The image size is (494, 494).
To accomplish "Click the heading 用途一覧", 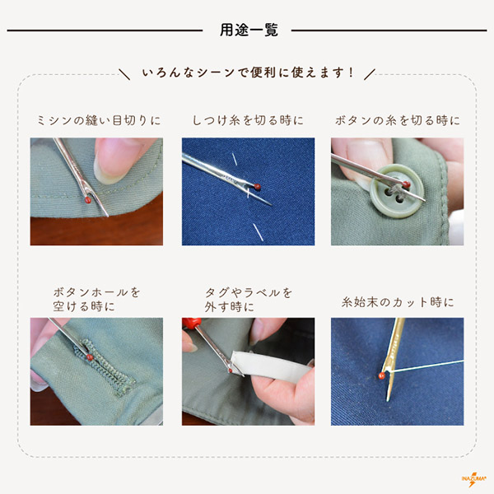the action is [x=249, y=30].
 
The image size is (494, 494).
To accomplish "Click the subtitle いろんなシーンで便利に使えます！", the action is [x=249, y=72].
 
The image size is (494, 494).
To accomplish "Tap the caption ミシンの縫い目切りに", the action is [x=99, y=120].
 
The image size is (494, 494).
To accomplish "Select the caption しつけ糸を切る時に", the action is [x=248, y=120].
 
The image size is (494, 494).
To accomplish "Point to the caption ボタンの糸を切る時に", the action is [x=398, y=120].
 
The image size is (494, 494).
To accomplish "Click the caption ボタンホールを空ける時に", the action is [x=96, y=300].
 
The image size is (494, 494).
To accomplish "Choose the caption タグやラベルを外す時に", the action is [x=249, y=300].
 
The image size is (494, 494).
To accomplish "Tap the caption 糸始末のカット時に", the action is [x=398, y=302].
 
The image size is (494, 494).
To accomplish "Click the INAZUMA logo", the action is [x=471, y=479].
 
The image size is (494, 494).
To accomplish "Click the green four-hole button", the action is [x=397, y=191].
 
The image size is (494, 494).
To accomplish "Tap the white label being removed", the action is [x=271, y=366].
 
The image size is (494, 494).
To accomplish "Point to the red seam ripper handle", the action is [x=191, y=324].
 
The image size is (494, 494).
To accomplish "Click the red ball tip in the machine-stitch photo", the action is [x=88, y=200].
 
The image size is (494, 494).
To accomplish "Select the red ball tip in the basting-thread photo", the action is [x=258, y=187].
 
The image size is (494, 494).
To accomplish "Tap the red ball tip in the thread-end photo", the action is [x=382, y=375].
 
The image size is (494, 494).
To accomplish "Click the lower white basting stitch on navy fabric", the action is [x=258, y=232].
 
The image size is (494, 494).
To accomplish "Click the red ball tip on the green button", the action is [x=406, y=184].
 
